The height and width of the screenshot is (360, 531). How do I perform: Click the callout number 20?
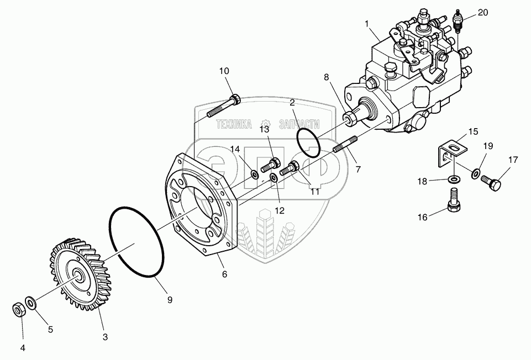coord(483,13)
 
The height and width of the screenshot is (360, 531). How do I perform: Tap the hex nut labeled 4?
coord(19,309)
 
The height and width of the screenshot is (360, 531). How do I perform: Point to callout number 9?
coord(170,300)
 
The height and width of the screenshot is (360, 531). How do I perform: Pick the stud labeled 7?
coord(345,146)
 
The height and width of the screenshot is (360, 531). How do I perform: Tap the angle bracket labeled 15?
coord(452,151)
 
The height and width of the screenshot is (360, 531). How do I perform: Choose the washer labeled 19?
coord(476,174)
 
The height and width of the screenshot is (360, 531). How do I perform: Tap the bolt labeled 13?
coord(271,164)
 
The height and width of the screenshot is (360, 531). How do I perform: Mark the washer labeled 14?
coord(255,175)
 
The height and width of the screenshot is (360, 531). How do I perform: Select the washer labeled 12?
coord(274,178)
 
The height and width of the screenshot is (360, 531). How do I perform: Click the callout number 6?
coord(224,274)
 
